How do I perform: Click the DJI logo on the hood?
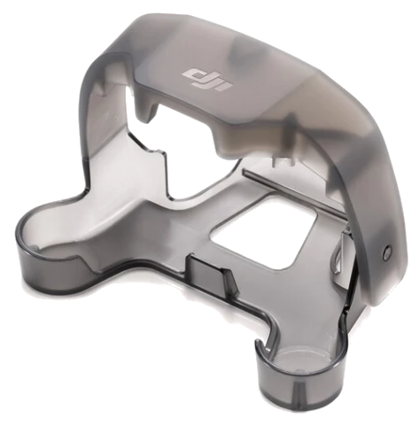pos(206,79)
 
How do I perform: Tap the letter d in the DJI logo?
pos(192,74)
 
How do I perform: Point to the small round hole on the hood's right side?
pos(386,251)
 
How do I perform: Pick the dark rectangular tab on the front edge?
pos(206,273)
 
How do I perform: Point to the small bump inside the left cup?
pos(35,247)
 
